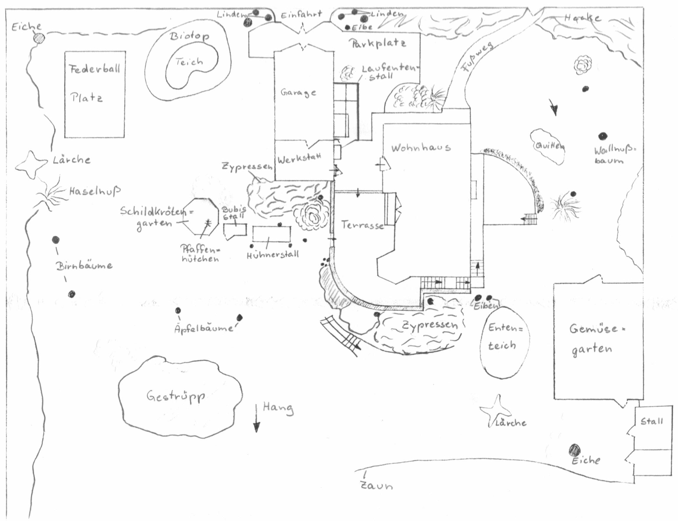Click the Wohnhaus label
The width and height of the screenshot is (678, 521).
pyautogui.click(x=421, y=148)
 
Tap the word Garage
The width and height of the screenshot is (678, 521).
pyautogui.click(x=298, y=93)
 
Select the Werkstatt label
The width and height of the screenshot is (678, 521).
pyautogui.click(x=299, y=159)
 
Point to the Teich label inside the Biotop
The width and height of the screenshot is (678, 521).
pyautogui.click(x=189, y=62)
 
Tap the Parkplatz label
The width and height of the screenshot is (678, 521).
pyautogui.click(x=378, y=43)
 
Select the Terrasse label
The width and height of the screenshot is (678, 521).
pyautogui.click(x=362, y=225)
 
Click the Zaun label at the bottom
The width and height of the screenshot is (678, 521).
pyautogui.click(x=376, y=485)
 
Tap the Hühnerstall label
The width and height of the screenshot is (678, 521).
pyautogui.click(x=273, y=255)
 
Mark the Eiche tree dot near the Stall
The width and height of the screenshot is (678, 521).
pyautogui.click(x=575, y=449)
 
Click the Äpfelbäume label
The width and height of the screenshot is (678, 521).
pyautogui.click(x=204, y=328)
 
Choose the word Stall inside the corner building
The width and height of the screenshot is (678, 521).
pyautogui.click(x=652, y=421)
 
